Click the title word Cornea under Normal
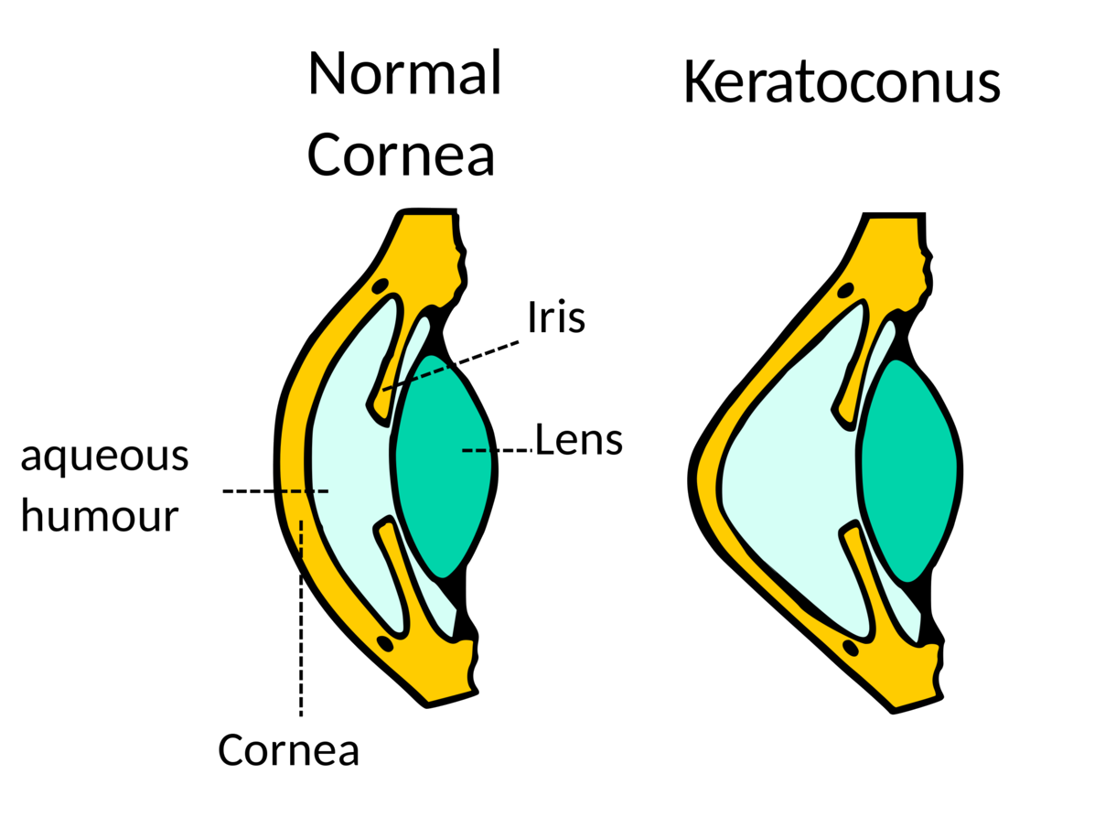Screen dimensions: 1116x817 (x=401, y=155)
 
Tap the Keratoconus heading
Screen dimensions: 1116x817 (x=842, y=81)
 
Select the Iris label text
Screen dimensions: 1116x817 (x=556, y=317)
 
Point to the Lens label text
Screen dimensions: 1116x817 (x=579, y=439)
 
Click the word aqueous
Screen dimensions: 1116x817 (x=104, y=457)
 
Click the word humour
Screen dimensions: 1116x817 (x=100, y=516)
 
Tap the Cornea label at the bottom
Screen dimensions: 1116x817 (x=288, y=750)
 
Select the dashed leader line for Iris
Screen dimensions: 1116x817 (x=451, y=365)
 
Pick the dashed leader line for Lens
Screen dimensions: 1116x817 (x=498, y=450)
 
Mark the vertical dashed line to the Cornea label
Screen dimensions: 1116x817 (x=301, y=618)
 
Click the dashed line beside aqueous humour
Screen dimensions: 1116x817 (x=275, y=491)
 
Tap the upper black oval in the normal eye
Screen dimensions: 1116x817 (x=381, y=286)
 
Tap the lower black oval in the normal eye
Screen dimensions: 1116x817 (x=385, y=643)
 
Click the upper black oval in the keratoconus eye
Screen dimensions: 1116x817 (x=845, y=290)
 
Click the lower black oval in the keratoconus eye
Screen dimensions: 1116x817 (x=851, y=648)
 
